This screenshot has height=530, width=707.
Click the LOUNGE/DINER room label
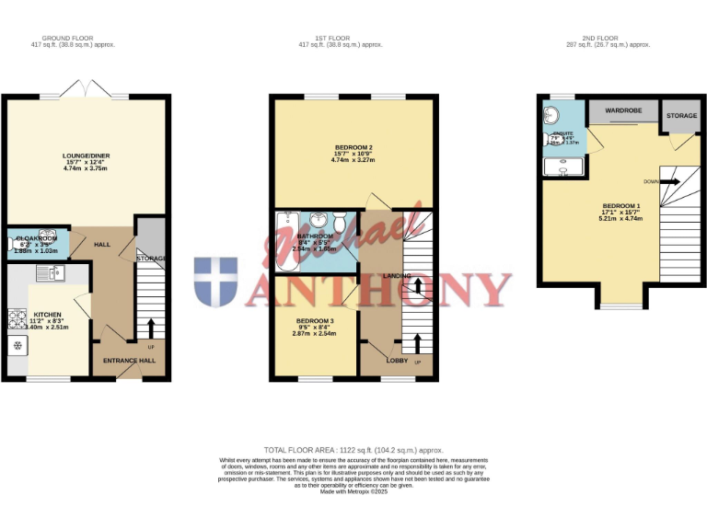click(86, 156)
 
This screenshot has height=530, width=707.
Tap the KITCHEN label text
click(47, 313)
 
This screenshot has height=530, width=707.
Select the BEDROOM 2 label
click(353, 147)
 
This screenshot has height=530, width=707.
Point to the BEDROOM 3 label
click(315, 320)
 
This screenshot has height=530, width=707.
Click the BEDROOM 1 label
click(620, 205)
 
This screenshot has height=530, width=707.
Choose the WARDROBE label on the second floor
click(623, 110)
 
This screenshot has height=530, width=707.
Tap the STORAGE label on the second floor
click(681, 116)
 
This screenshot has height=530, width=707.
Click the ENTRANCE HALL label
click(129, 360)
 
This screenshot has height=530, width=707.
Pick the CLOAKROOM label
click(36, 238)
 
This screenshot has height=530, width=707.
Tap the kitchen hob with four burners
click(17, 318)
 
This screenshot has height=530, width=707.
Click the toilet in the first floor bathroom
click(340, 223)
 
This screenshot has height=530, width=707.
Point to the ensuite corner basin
click(552, 116)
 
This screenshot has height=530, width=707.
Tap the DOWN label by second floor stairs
click(651, 181)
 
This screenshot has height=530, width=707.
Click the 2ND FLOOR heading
click(608, 39)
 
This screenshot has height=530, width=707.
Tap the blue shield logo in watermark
click(215, 282)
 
